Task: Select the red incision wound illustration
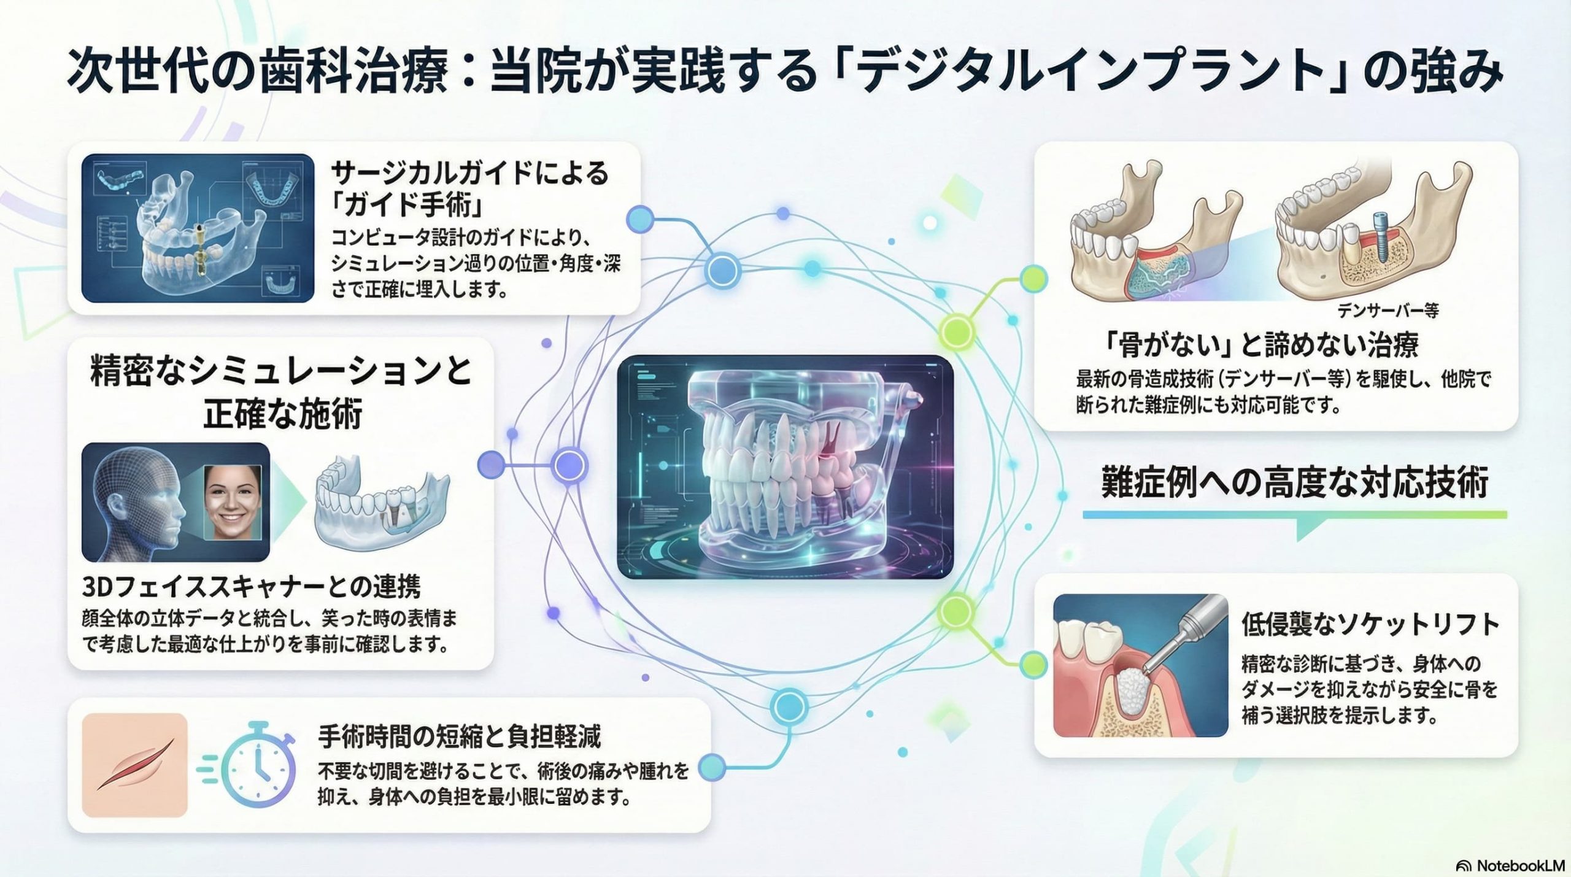click(x=134, y=765)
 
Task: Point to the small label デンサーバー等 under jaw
click(x=1388, y=311)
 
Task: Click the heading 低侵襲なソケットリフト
click(x=1370, y=625)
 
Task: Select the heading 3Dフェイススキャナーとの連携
click(x=252, y=587)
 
